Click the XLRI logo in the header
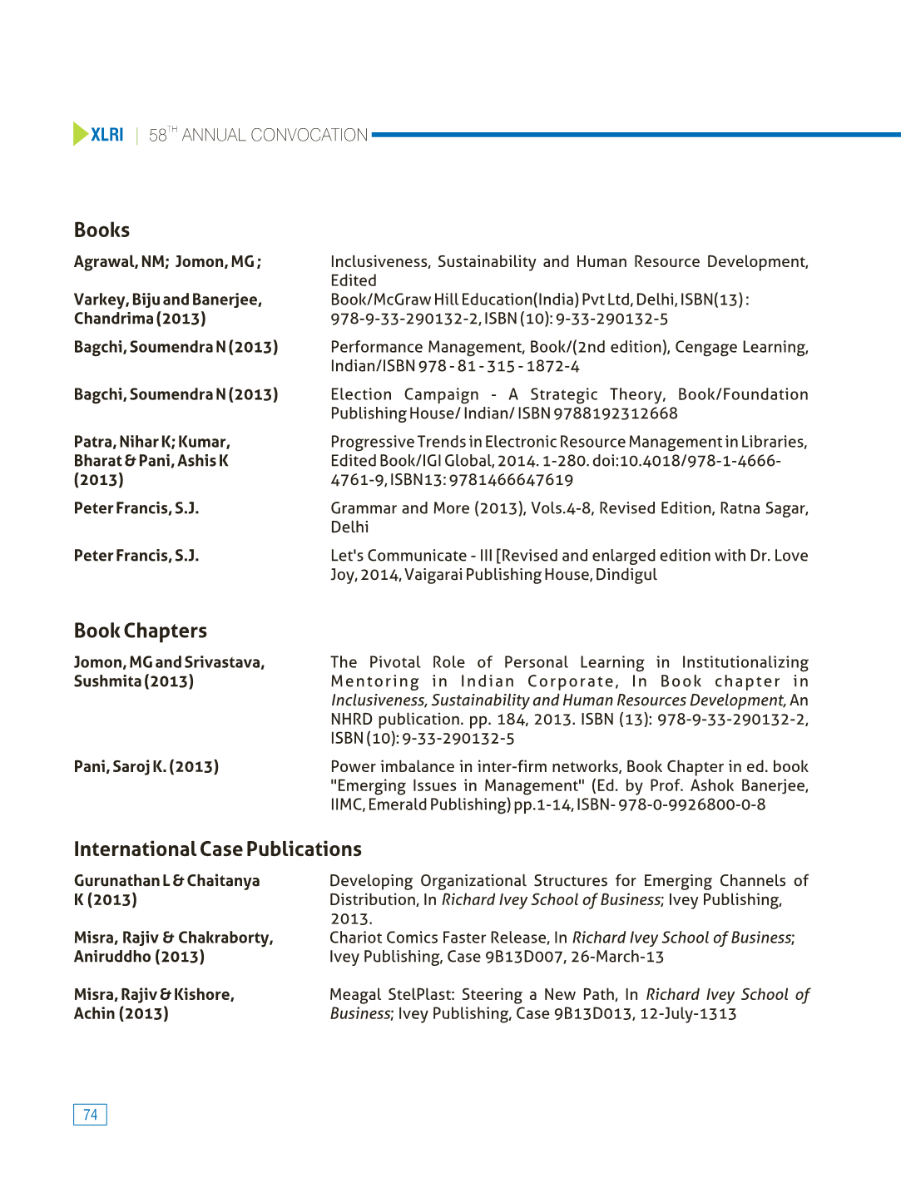tap(98, 134)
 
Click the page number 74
tap(90, 1115)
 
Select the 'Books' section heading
tap(101, 230)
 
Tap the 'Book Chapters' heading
tap(140, 631)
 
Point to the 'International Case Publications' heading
tap(217, 849)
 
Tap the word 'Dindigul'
tap(626, 575)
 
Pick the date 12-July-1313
tap(688, 1013)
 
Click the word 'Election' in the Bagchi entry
tap(361, 394)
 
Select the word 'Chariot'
tap(356, 938)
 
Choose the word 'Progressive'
tap(372, 442)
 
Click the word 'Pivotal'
tap(394, 662)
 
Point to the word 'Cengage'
tap(705, 347)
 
